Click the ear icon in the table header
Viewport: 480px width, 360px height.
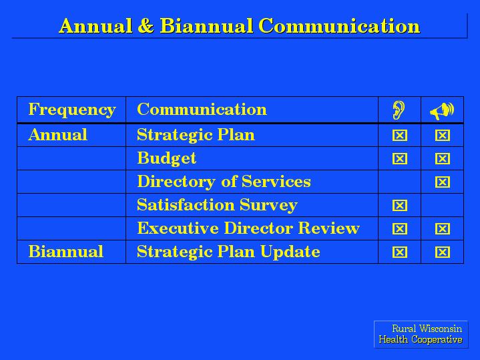(399, 110)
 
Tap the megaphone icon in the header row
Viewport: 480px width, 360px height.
(442, 111)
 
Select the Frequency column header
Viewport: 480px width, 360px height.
(72, 110)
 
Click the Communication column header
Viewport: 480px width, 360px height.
(202, 110)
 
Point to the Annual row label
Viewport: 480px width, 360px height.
(58, 135)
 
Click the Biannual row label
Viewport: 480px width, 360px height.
(66, 252)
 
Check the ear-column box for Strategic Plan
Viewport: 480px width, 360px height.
(400, 135)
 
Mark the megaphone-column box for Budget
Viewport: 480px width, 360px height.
(443, 159)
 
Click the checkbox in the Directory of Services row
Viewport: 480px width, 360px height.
(443, 182)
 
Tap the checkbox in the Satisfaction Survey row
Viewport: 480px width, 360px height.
(400, 205)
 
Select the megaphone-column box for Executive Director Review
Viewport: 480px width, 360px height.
(443, 229)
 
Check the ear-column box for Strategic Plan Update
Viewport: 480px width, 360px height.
(400, 252)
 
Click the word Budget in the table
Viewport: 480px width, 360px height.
(166, 159)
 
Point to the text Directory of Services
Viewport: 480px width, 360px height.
(224, 182)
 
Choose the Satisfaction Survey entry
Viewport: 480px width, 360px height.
(217, 205)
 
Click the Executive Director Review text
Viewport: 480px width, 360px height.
(248, 228)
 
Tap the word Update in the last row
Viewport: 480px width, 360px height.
(290, 252)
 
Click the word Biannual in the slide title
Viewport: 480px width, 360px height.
(206, 26)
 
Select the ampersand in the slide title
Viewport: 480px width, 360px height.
(146, 26)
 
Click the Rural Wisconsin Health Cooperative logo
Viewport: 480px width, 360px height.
(421, 334)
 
